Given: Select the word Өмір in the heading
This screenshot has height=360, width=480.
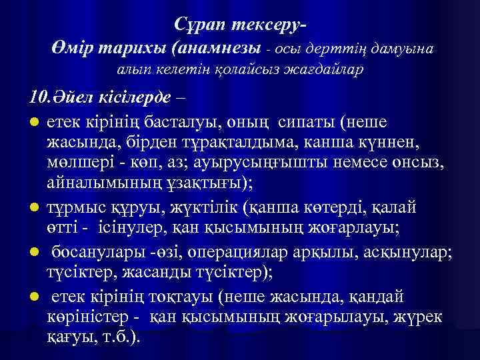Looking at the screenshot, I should pyautogui.click(x=71, y=48).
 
